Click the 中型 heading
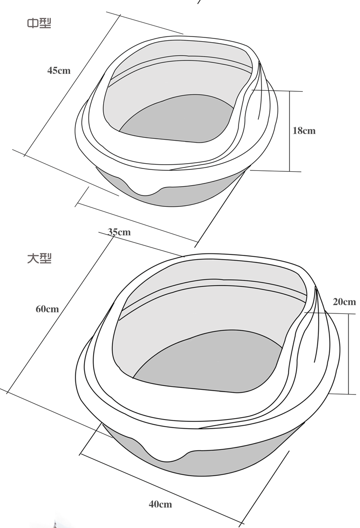[x=39, y=23]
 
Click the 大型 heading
[x=39, y=258]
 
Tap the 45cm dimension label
[x=59, y=71]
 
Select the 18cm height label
[x=304, y=131]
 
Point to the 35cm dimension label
[x=119, y=232]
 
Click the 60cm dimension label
[x=47, y=309]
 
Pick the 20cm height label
[x=344, y=302]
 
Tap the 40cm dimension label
[x=160, y=504]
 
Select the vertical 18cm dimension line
[x=289, y=131]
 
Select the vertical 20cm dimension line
[x=348, y=354]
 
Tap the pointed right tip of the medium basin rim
[x=259, y=61]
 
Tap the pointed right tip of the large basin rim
[x=315, y=287]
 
